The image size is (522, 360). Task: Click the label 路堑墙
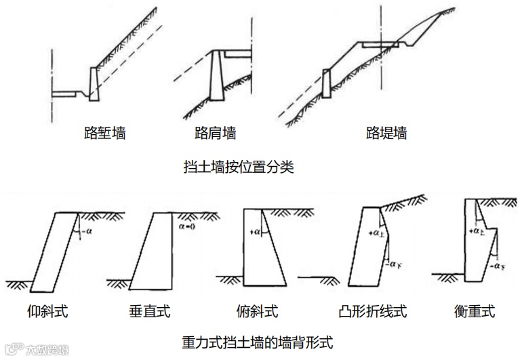coord(104,133)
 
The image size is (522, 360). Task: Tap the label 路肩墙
coord(215,133)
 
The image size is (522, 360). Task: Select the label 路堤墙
coord(386,133)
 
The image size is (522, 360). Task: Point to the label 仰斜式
coord(49,312)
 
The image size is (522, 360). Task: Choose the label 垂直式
coord(150,312)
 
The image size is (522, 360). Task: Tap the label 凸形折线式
coord(372,312)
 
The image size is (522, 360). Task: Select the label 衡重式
coord(475,312)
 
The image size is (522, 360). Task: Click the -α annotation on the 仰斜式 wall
coord(86,233)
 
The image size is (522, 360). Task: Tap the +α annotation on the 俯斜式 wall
coord(255,232)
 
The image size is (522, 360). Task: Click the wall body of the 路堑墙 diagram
coord(94,84)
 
